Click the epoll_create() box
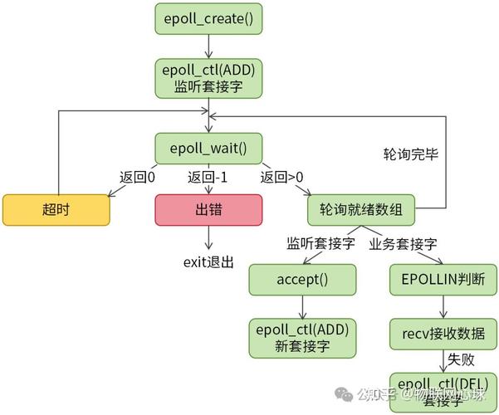[208, 18]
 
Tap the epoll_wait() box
[208, 149]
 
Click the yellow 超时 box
[56, 209]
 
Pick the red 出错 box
[208, 209]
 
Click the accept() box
[302, 279]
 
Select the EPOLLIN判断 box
[443, 279]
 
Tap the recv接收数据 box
[443, 335]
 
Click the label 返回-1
[208, 177]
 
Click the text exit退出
[208, 261]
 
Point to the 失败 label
[461, 360]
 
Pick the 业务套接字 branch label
[404, 245]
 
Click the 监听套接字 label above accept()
[321, 245]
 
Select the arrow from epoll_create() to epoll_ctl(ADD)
[208, 46]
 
